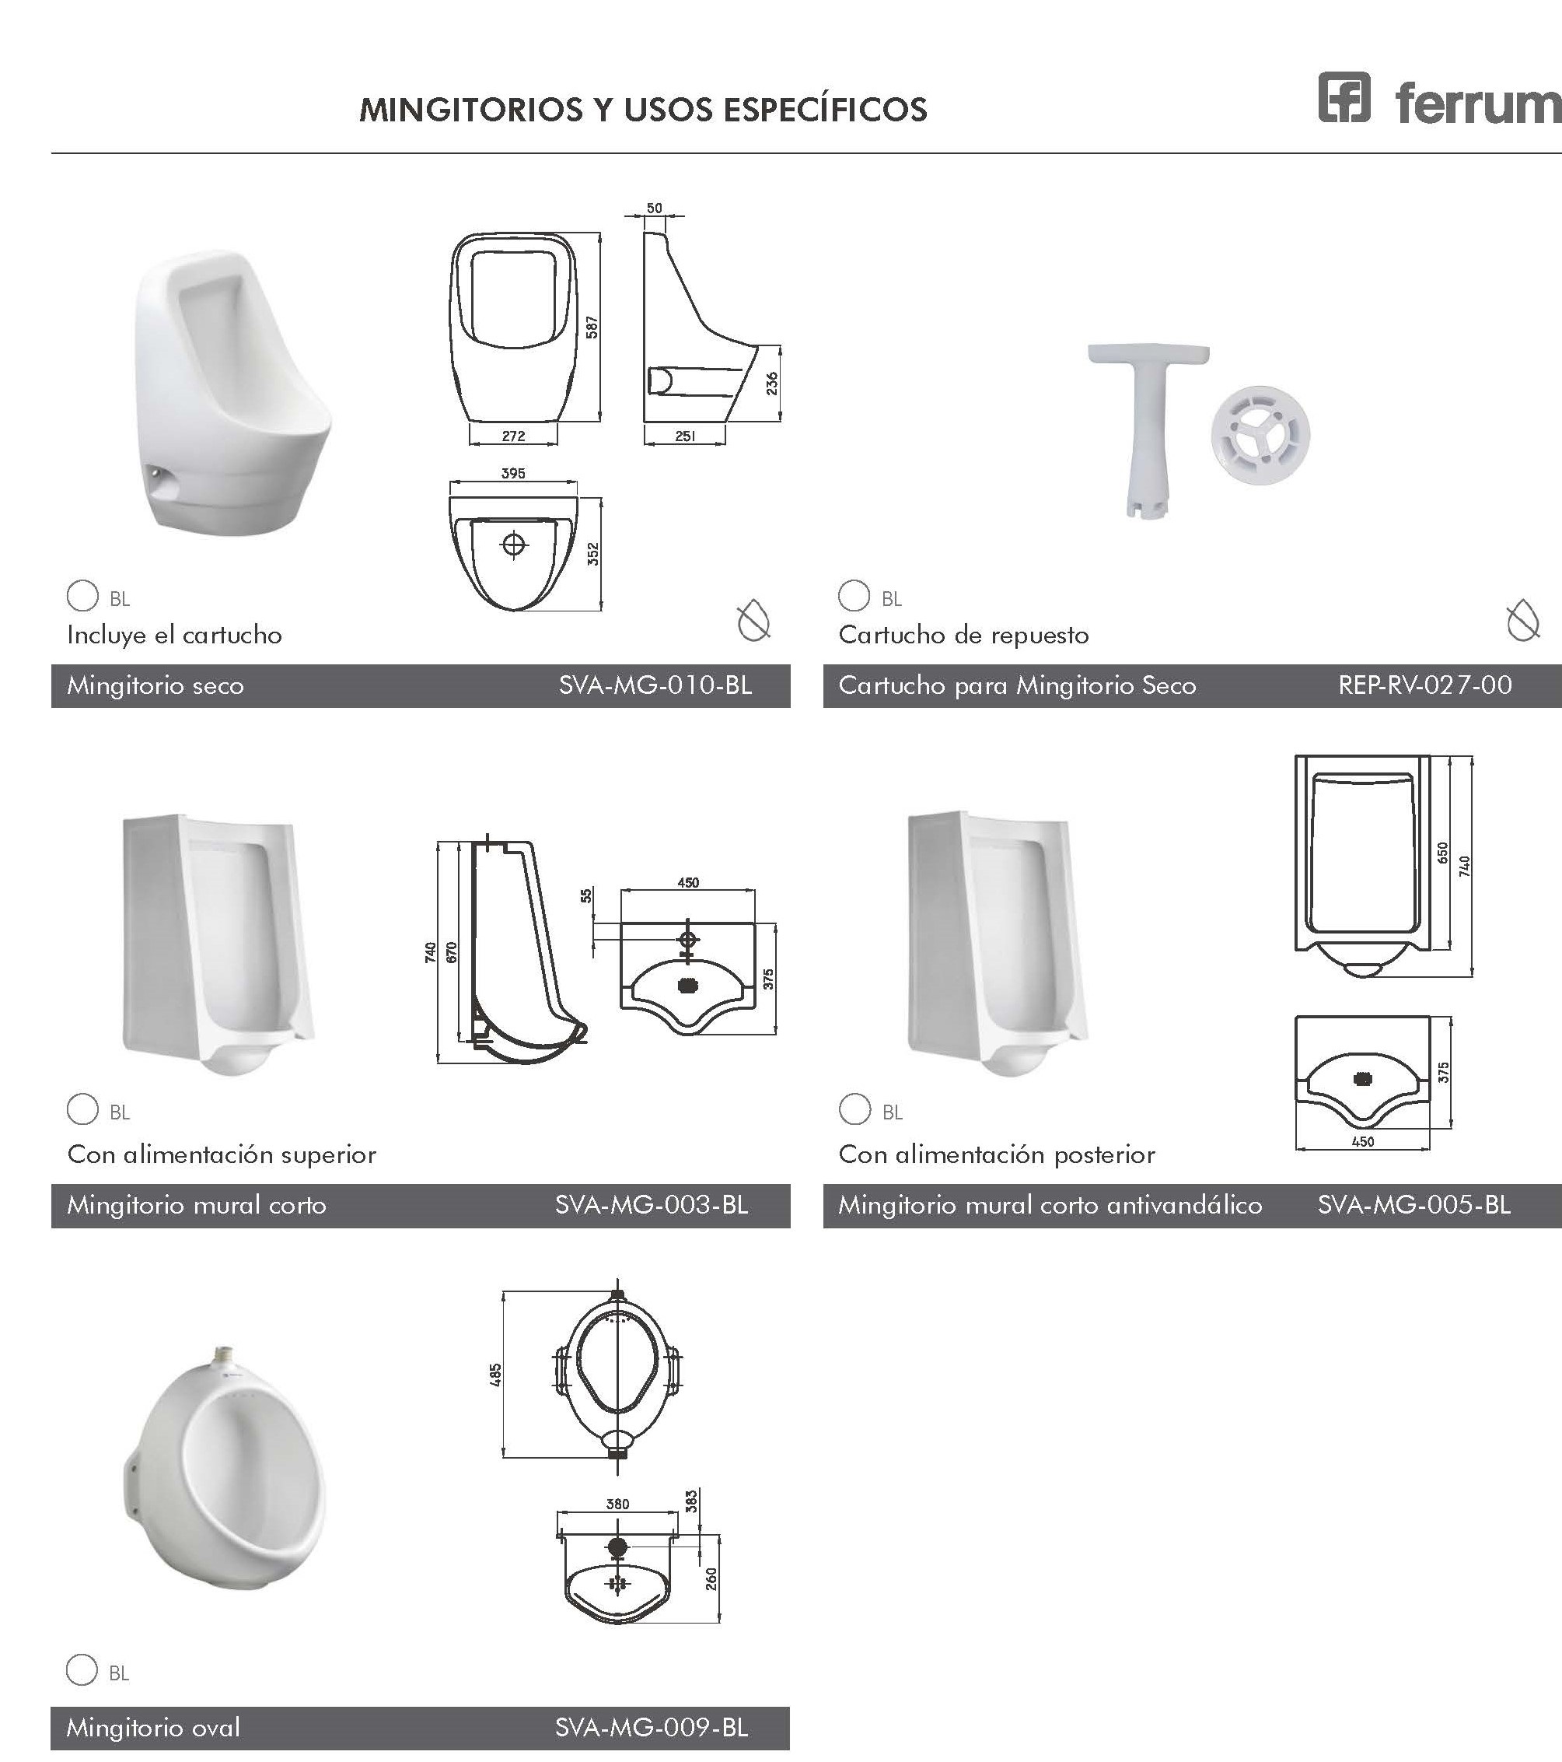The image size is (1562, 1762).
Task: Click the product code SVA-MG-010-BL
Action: coord(655,685)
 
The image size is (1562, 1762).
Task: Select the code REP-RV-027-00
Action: coord(1425,685)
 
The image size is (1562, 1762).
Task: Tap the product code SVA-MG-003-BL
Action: coord(652,1204)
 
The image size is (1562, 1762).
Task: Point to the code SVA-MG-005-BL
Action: coord(1413,1204)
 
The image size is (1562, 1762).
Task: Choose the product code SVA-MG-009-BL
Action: coord(652,1728)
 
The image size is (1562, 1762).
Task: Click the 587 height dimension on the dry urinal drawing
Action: coord(592,328)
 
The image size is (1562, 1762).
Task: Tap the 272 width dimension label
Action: coord(513,436)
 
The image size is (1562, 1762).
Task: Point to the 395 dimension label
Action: coord(512,473)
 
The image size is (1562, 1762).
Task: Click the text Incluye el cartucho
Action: coord(175,636)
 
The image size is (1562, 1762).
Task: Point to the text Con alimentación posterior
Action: coord(997,1154)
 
